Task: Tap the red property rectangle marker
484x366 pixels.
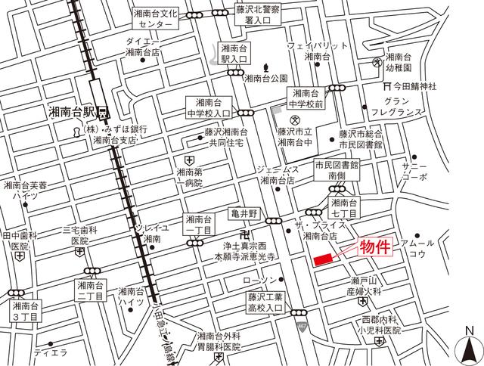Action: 322,259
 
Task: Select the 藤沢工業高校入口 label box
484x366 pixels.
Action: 264,301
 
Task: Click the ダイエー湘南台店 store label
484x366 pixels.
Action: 142,47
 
